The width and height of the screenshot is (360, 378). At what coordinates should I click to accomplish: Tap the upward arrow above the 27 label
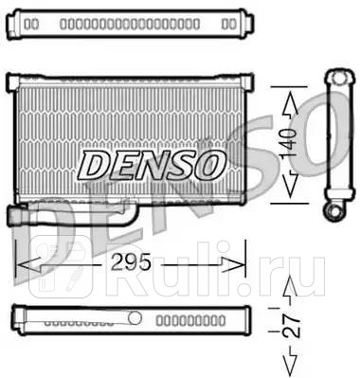(x=290, y=288)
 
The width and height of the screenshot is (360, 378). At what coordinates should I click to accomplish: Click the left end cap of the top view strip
(x=21, y=21)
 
